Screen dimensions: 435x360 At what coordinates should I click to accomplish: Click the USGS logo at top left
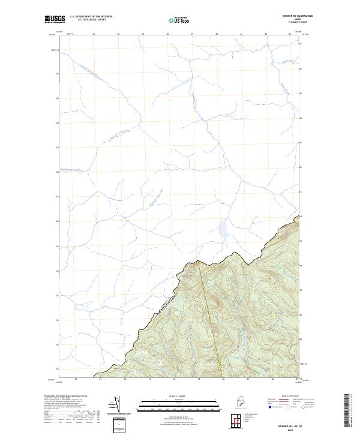click(x=55, y=19)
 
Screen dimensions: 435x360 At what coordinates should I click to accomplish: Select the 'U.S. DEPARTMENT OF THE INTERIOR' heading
click(x=91, y=16)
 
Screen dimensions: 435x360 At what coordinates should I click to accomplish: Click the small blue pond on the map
click(x=223, y=228)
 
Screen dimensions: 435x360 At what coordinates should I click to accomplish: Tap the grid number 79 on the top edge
click(x=192, y=34)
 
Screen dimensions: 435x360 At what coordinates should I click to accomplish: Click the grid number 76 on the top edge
click(x=118, y=34)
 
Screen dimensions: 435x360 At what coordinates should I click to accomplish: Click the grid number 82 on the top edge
click(x=266, y=34)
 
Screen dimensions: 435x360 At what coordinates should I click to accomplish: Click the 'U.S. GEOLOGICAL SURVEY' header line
click(x=91, y=20)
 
